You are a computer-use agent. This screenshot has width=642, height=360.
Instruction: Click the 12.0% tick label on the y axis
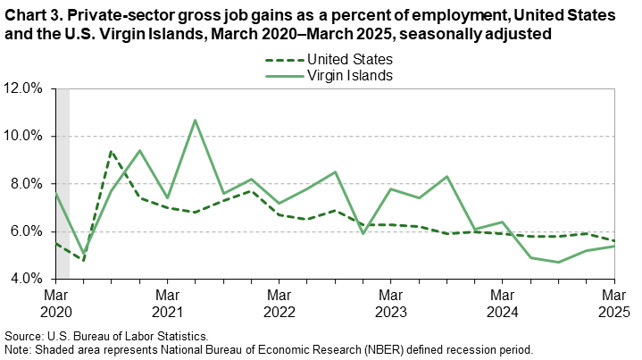(23, 88)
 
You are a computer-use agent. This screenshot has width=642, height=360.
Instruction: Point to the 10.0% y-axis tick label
(23, 136)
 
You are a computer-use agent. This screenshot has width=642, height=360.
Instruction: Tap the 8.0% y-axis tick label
(26, 184)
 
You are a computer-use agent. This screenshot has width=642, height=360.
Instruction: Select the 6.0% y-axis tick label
(26, 231)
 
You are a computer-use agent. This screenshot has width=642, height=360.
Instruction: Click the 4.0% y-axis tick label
(26, 279)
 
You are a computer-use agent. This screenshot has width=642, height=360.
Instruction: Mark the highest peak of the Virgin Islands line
(195, 120)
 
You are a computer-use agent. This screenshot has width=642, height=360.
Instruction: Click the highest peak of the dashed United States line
(111, 151)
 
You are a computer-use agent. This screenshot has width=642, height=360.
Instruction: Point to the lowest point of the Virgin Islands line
(558, 262)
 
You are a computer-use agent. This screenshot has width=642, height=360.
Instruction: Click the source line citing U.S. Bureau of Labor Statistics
(108, 335)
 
